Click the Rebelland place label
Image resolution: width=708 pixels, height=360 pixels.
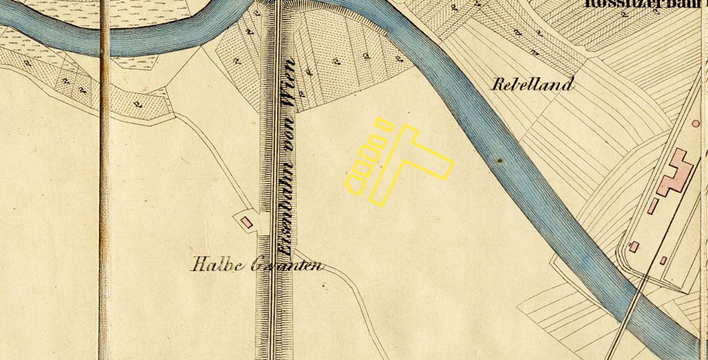coord(533,84)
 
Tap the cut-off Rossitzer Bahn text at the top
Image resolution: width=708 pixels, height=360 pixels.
coord(645,3)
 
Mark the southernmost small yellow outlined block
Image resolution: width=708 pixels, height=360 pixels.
coord(358,179)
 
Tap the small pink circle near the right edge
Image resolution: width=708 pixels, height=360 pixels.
coord(696,123)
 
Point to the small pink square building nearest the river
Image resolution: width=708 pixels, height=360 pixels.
coord(634,246)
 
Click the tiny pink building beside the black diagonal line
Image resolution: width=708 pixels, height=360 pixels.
coord(663,260)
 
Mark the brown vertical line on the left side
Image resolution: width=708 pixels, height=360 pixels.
coord(105,178)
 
